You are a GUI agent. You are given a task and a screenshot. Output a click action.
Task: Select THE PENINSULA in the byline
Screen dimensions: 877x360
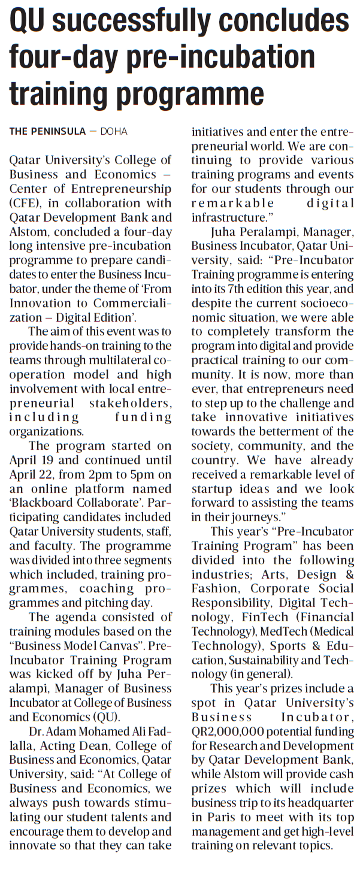click(47, 132)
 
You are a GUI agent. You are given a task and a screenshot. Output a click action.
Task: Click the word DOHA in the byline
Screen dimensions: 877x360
click(114, 132)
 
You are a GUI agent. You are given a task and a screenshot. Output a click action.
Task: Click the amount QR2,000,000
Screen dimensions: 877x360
click(227, 731)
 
